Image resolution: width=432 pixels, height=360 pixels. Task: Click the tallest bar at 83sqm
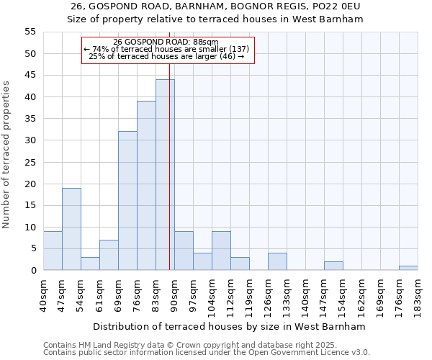(165, 175)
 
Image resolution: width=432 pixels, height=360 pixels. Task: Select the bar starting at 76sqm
(146, 186)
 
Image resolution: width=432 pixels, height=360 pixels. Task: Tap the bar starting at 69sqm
(127, 201)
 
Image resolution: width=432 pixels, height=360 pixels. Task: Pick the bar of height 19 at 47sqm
(71, 229)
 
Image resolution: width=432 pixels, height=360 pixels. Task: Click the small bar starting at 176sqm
(408, 268)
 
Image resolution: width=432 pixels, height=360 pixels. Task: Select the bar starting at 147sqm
(333, 266)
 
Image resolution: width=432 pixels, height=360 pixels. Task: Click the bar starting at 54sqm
(90, 264)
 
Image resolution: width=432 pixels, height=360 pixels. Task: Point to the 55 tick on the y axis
(30, 32)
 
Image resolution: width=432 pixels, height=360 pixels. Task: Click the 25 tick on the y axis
(30, 162)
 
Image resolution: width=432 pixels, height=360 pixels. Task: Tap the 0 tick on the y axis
(33, 271)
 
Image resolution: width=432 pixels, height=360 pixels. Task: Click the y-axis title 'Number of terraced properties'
(6, 155)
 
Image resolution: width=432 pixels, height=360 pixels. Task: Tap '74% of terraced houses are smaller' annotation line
(166, 49)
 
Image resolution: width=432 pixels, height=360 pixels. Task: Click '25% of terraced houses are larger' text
(166, 56)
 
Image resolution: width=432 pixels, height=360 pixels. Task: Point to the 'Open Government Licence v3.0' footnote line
(207, 352)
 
